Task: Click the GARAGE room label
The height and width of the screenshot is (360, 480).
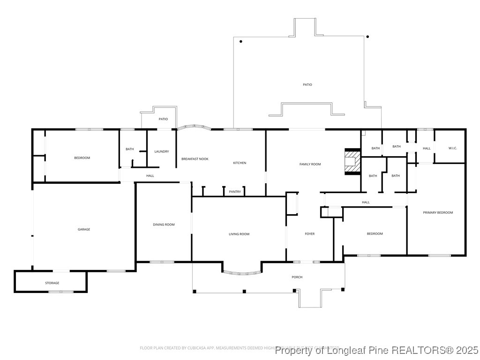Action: [x=84, y=229]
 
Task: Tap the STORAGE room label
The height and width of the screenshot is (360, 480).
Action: [x=52, y=283]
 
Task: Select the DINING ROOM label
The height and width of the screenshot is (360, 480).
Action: [x=164, y=225]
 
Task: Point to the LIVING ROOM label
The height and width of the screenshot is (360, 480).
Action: [x=239, y=234]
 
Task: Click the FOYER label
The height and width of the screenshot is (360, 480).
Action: [x=310, y=234]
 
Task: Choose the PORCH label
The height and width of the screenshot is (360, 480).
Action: [x=297, y=277]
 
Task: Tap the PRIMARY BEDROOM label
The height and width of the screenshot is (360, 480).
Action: [x=438, y=212]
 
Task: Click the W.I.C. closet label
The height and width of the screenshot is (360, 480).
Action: [x=452, y=148]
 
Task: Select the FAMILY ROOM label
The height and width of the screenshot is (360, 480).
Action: [x=310, y=164]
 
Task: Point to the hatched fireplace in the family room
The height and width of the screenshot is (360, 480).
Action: [x=352, y=162]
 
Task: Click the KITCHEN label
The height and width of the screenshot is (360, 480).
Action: [x=240, y=163]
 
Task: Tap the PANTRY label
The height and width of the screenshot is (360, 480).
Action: [x=235, y=192]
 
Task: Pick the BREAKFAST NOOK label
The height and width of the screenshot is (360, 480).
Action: [x=195, y=159]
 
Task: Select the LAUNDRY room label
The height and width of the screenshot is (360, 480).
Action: [x=162, y=151]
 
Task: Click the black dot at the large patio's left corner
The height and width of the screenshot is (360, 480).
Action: [x=241, y=42]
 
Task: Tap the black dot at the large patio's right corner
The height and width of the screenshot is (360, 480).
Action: [x=367, y=37]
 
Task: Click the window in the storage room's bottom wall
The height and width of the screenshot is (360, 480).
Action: [x=61, y=292]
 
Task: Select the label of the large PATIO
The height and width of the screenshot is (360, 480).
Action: [x=307, y=84]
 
